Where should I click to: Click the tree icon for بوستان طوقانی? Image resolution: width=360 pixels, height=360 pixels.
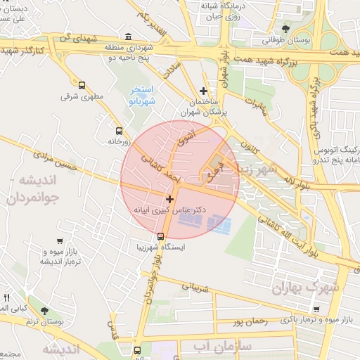[285, 29]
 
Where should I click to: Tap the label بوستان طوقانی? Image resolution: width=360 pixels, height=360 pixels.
[284, 41]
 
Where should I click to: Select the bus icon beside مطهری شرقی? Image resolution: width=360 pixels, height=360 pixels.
[82, 84]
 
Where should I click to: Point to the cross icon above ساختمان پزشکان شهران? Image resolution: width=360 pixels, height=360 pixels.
[204, 91]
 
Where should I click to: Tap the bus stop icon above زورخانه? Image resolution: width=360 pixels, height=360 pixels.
[118, 131]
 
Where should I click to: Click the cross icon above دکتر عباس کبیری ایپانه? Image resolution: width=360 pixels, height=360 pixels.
[169, 200]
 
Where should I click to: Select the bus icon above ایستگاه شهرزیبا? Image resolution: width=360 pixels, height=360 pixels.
[160, 237]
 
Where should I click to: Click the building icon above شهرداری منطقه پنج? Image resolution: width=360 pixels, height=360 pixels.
[127, 37]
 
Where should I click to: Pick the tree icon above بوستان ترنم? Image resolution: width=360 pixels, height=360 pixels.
[44, 310]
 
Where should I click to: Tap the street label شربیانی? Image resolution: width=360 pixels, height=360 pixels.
[196, 287]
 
